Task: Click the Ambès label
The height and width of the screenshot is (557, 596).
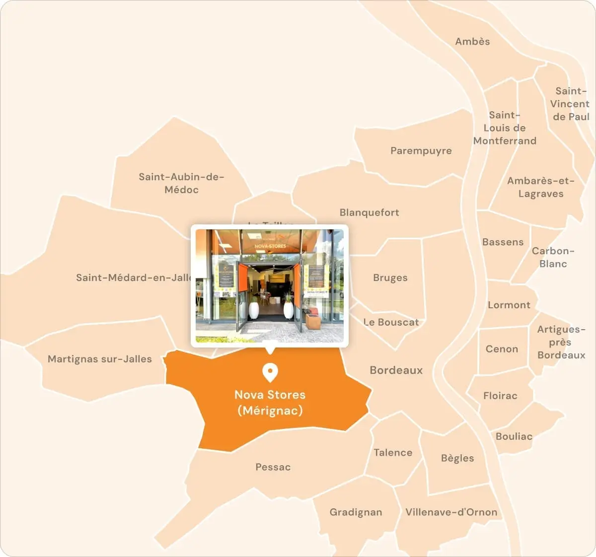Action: click(x=472, y=42)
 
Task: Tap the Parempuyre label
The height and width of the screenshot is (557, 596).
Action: click(x=421, y=151)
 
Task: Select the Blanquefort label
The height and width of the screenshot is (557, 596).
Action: click(x=369, y=212)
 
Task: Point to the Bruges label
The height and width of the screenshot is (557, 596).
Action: click(x=390, y=278)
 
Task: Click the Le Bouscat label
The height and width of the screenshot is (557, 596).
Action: click(x=391, y=322)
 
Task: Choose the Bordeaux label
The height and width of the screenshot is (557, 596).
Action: click(x=396, y=370)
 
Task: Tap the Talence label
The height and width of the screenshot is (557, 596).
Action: click(x=393, y=453)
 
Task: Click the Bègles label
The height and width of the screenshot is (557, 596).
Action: click(x=457, y=458)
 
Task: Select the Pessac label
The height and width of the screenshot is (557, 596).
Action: click(x=273, y=467)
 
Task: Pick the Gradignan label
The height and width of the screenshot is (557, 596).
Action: click(x=356, y=512)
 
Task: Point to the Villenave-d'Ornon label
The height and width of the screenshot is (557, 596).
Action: click(x=451, y=512)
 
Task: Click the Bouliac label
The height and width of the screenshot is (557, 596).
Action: click(x=514, y=436)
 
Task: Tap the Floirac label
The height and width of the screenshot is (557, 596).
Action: click(x=500, y=396)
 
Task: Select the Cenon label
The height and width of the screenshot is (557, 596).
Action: click(x=502, y=349)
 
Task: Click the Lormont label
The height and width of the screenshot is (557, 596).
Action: click(x=509, y=305)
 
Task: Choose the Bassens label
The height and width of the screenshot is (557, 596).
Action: click(x=503, y=242)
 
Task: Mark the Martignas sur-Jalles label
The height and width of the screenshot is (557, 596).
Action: click(x=99, y=359)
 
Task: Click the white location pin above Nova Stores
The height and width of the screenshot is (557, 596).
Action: click(x=270, y=372)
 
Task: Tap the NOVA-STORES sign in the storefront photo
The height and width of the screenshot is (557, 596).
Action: click(x=270, y=246)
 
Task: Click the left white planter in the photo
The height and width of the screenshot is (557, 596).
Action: click(x=254, y=310)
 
